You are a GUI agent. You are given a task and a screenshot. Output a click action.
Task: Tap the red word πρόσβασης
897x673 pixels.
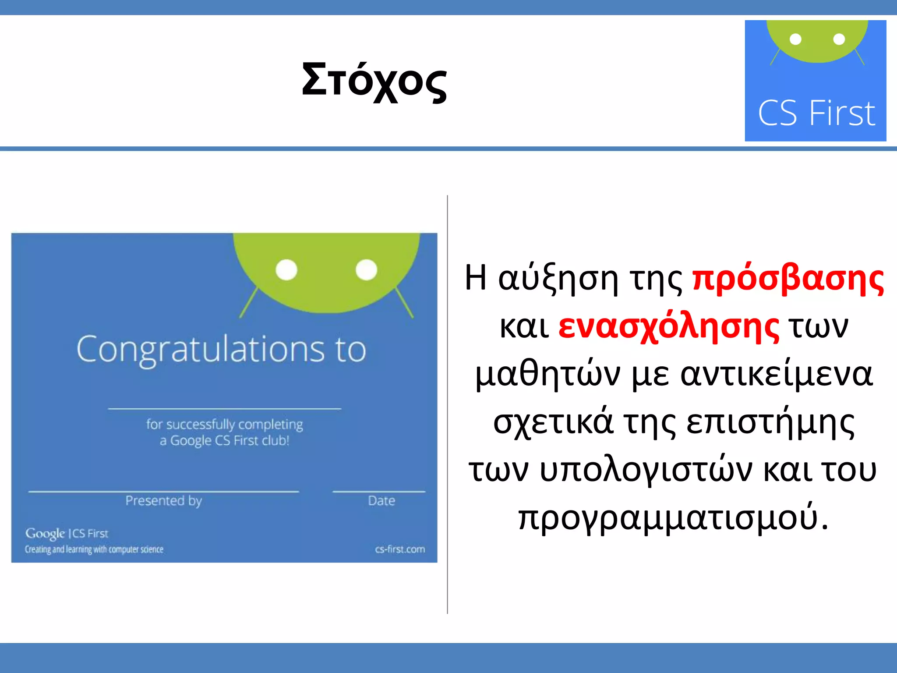[788, 279]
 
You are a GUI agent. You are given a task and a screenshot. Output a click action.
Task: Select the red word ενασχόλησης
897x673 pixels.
[668, 327]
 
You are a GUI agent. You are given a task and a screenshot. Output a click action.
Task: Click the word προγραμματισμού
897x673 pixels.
[673, 518]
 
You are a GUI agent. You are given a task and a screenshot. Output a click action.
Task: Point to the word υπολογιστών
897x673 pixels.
[646, 470]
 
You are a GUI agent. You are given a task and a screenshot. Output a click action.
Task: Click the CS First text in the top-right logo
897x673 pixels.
[816, 113]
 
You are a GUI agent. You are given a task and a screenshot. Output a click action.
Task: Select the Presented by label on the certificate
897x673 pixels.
[163, 501]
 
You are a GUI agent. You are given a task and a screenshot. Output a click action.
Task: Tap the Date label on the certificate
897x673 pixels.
[381, 501]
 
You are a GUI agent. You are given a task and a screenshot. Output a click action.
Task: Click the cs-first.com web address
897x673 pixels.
[400, 549]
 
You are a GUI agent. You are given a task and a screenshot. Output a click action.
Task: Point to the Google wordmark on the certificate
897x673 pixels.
[45, 534]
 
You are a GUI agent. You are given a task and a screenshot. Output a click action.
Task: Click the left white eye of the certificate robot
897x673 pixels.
[286, 269]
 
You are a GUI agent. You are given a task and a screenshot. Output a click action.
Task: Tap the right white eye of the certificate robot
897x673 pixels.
[366, 269]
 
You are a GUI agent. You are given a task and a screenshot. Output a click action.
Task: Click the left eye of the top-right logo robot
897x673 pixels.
[795, 39]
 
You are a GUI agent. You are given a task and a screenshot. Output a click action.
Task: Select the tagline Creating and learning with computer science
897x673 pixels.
[94, 549]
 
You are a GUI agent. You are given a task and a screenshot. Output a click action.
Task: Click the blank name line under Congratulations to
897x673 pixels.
[224, 408]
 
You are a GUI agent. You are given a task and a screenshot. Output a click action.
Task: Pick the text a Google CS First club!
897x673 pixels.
[224, 440]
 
